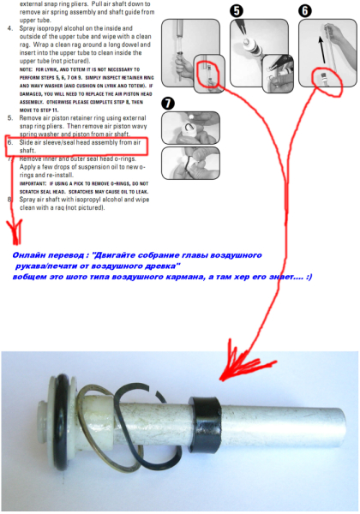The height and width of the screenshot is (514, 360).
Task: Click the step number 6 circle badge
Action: click(304, 11)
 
